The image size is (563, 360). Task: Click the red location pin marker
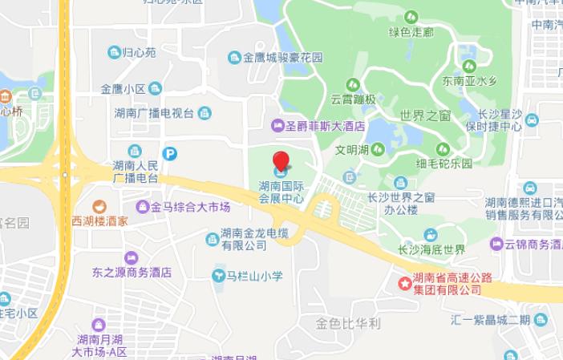click(281, 160)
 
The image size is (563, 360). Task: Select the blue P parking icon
click(169, 153)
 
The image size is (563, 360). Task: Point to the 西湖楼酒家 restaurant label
click(99, 220)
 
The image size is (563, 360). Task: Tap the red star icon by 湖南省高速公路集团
click(404, 282)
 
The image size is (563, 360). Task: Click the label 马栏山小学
click(253, 276)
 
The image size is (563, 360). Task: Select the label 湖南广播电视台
click(155, 112)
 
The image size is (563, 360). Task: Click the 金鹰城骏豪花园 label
click(283, 58)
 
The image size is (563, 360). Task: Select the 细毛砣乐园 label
click(444, 163)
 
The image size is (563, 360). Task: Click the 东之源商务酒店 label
click(132, 272)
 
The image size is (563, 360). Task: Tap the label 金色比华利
click(348, 324)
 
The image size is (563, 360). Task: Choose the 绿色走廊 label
click(411, 32)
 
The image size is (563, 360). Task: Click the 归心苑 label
click(139, 53)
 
